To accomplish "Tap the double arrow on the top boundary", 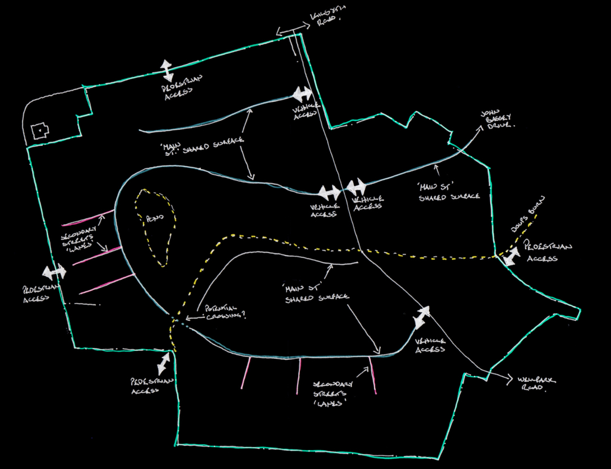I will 167,70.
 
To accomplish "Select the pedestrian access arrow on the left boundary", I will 55,272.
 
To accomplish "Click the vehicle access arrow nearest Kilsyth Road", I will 302,93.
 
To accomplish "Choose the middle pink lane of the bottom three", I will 299,375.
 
